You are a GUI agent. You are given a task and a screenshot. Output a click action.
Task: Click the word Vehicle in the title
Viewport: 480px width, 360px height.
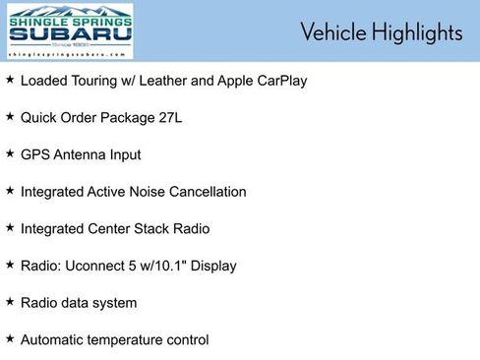(332, 32)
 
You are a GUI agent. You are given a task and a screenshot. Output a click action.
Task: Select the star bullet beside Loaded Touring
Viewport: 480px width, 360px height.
(10, 79)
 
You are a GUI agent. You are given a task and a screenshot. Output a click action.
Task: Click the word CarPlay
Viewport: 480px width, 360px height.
(279, 81)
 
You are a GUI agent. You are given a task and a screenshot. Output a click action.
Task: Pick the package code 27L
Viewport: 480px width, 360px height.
(169, 118)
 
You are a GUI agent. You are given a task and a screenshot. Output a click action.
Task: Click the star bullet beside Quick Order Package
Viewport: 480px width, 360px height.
(10, 116)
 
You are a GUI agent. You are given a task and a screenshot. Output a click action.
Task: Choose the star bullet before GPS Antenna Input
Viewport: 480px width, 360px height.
(10, 153)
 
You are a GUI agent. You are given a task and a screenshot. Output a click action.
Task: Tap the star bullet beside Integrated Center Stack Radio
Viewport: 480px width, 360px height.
(10, 227)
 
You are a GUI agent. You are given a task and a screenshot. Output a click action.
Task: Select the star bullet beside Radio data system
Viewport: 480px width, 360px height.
(10, 302)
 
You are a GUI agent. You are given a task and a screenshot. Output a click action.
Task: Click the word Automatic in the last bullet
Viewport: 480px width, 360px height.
(54, 340)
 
